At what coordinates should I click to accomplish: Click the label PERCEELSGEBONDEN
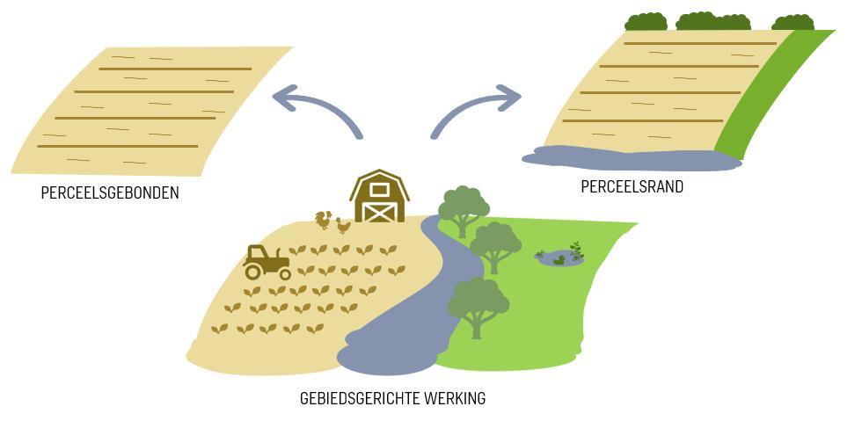coord(109,192)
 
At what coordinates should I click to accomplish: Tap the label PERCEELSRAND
coord(632,186)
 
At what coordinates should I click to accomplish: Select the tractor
coord(266,261)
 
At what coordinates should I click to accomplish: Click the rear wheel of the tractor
coord(284,272)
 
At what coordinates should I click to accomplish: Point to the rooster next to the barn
coord(324,219)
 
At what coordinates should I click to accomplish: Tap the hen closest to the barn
coord(342,225)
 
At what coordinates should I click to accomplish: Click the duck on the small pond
coord(559,258)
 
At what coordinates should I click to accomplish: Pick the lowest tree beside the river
coord(478,304)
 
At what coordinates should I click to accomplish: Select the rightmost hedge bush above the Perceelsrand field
coord(793,22)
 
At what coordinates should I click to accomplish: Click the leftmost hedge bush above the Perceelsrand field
coord(646,21)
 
